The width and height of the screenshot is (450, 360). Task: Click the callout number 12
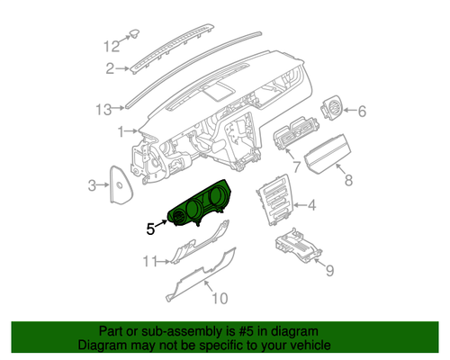pos(110,44)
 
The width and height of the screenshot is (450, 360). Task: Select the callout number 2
pos(110,68)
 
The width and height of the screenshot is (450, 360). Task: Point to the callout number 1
pos(120,133)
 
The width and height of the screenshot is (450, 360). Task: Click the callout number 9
pos(329,270)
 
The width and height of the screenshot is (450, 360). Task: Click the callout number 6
pos(362,112)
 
